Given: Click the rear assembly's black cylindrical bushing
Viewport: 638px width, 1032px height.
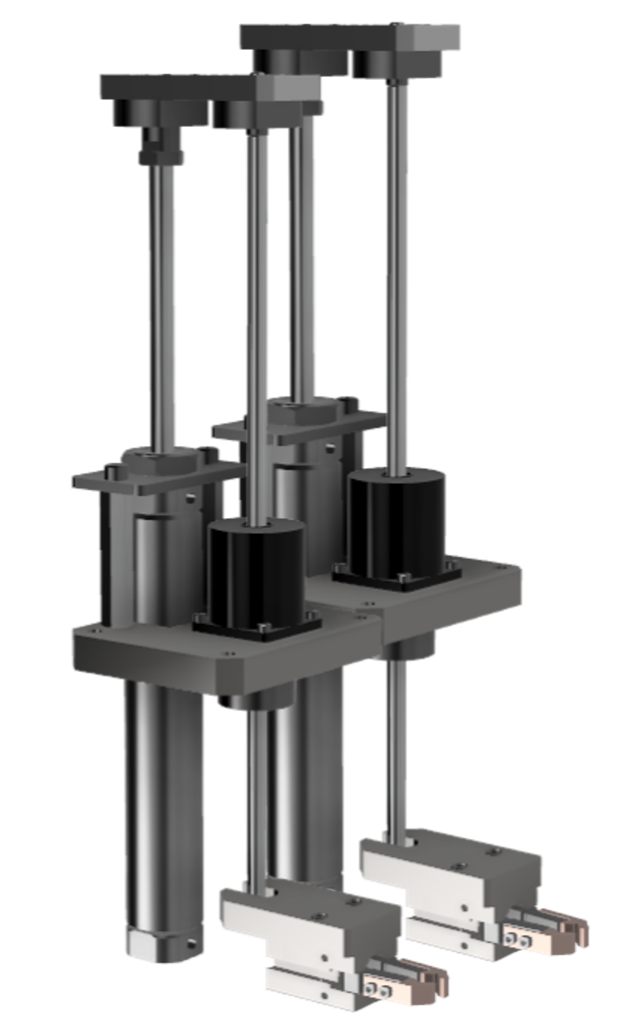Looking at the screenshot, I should coord(397,519).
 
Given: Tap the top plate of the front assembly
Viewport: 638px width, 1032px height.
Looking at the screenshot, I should coord(188,88).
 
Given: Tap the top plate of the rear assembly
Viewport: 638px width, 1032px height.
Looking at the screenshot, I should coord(350,38).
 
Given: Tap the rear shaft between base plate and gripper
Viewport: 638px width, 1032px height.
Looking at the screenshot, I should coord(393,750).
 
